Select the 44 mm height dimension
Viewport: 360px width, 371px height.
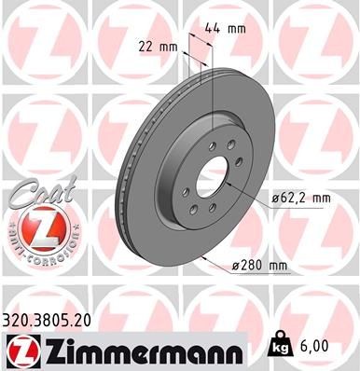click(x=232, y=29)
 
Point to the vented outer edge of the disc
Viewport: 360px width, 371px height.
click(x=125, y=186)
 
